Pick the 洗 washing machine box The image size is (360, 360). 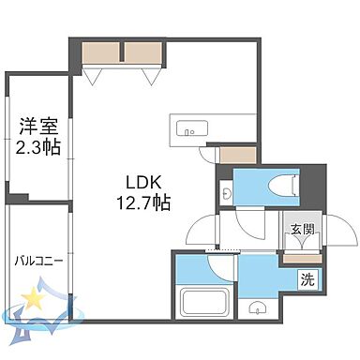click(307, 278)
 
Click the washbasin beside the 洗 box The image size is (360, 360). click(258, 307)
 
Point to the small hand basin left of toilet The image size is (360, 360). click(228, 192)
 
